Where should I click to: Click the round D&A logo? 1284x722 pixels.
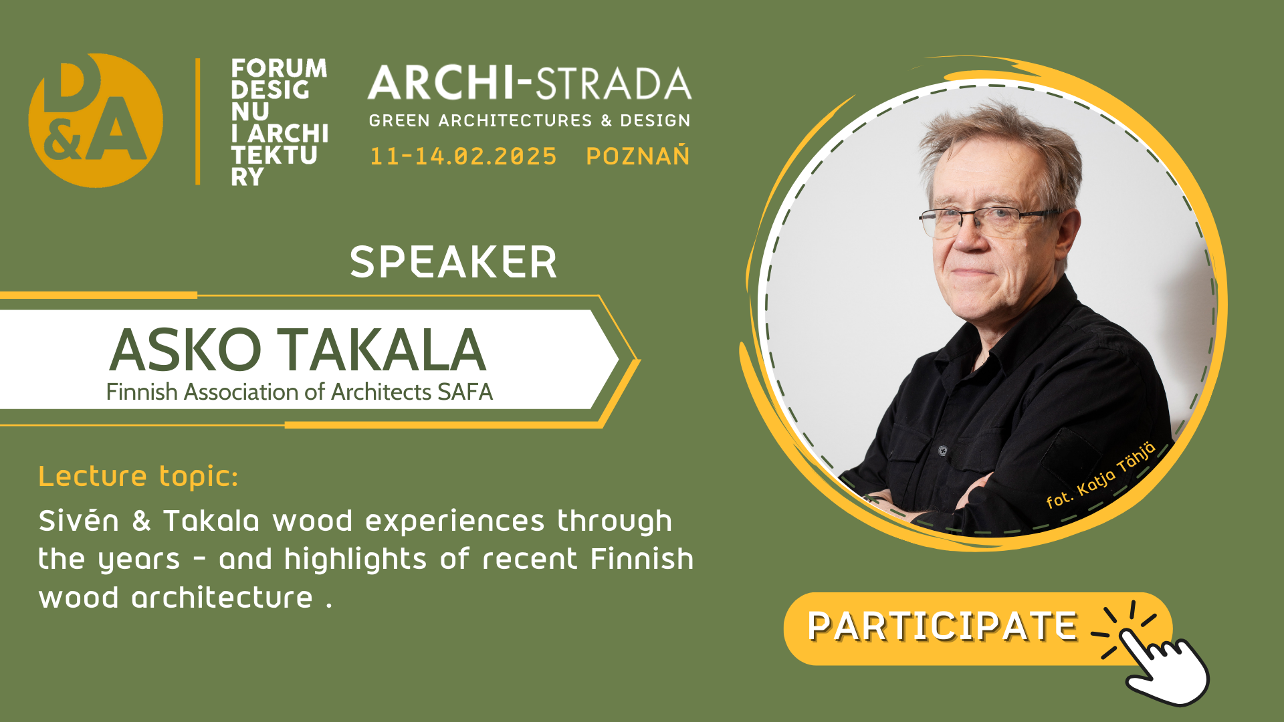tap(96, 120)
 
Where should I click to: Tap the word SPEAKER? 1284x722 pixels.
tap(453, 262)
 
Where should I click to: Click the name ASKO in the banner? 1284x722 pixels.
tap(185, 350)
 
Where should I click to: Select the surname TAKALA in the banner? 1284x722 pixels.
tap(382, 350)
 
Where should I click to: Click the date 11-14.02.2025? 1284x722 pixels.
tap(463, 156)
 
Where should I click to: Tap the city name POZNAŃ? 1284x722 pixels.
tap(637, 156)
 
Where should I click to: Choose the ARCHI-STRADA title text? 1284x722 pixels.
tap(529, 84)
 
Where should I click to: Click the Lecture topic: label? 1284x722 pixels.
tap(138, 477)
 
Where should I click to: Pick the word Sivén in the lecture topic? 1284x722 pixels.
tap(79, 521)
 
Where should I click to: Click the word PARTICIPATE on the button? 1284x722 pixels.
tap(942, 627)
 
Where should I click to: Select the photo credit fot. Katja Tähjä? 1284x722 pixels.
tap(1100, 476)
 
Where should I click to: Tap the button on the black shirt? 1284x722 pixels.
tap(943, 450)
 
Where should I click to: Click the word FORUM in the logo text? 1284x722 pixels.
tap(278, 68)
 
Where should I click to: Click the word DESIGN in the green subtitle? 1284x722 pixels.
tap(655, 121)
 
